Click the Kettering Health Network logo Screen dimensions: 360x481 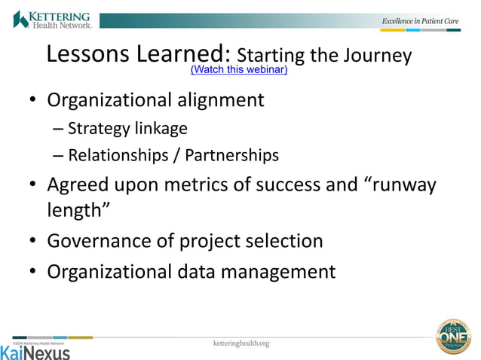click(52, 19)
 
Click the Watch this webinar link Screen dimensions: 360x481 click(239, 70)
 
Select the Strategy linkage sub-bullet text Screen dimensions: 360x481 click(127, 128)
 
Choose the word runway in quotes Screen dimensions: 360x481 click(400, 185)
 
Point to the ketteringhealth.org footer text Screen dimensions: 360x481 click(241, 343)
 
